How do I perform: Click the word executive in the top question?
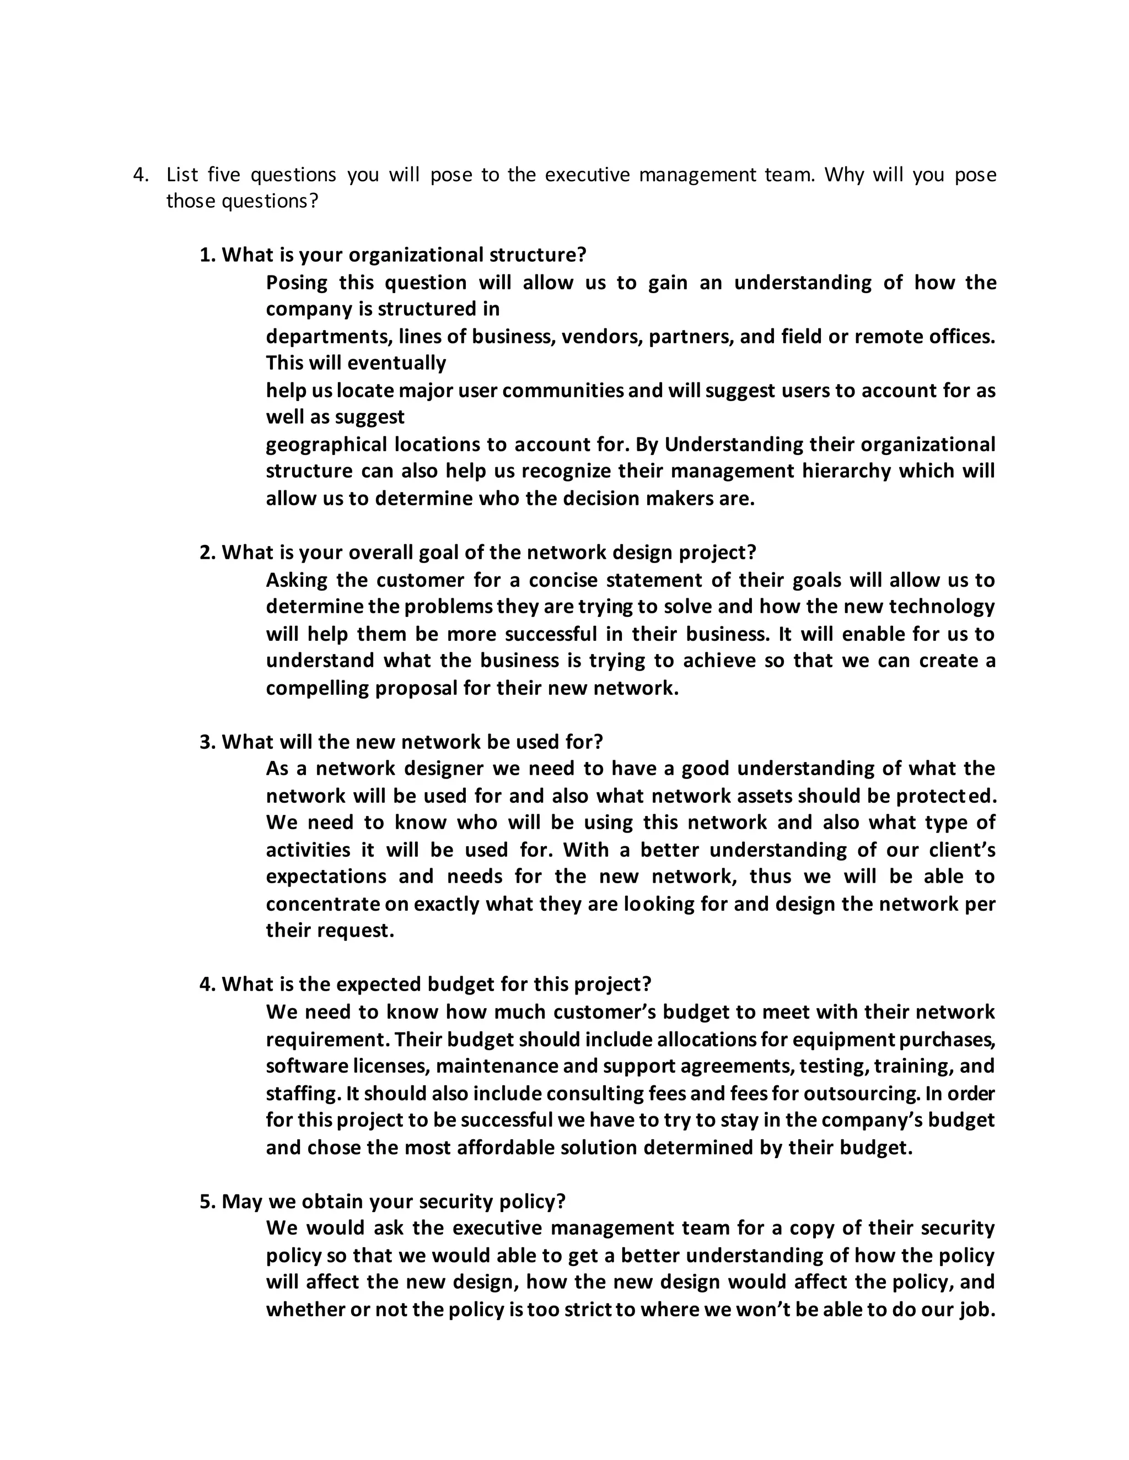tap(587, 175)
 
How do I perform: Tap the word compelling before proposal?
tap(317, 689)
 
